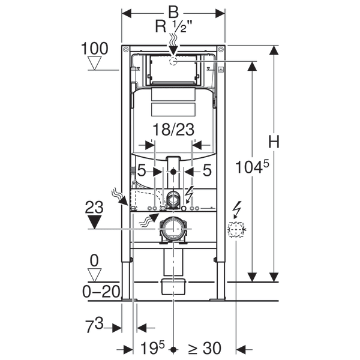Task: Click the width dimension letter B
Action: (x=173, y=11)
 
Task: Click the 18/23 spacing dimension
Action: (x=173, y=129)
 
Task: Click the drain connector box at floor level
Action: (x=173, y=286)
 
